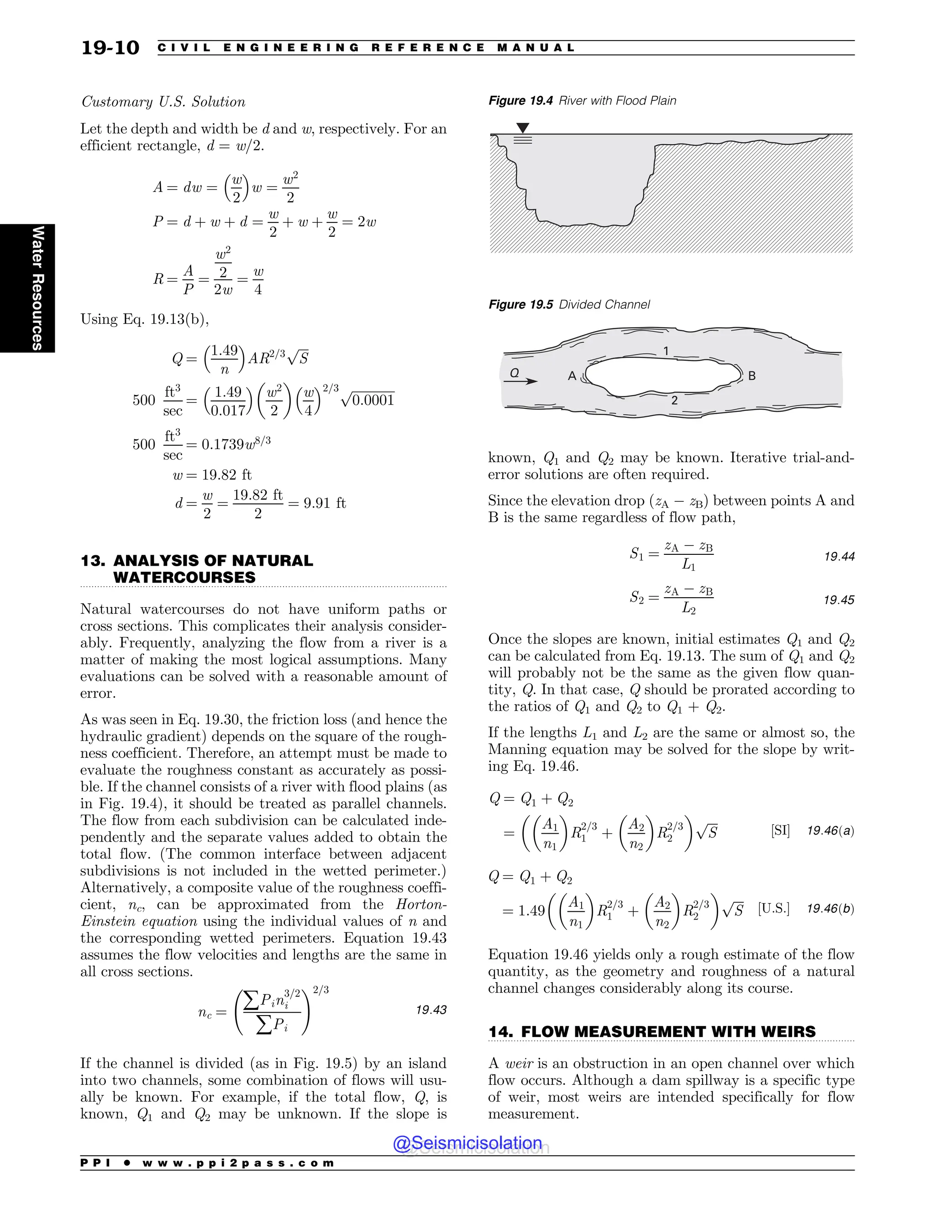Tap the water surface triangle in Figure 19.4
pos(522,128)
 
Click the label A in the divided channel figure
pos(572,376)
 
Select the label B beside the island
pos(751,376)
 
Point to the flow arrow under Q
pos(524,381)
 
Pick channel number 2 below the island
pos(674,400)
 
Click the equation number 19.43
pos(431,1010)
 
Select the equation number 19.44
pos(839,556)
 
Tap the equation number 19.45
pos(839,600)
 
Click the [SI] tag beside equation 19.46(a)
pos(780,831)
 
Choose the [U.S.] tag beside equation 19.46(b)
pos(773,909)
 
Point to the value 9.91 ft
pos(325,503)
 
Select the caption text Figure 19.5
pos(520,305)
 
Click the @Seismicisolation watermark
pos(467,1143)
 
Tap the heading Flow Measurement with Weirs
pos(652,1031)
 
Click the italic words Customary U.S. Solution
pos(163,102)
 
